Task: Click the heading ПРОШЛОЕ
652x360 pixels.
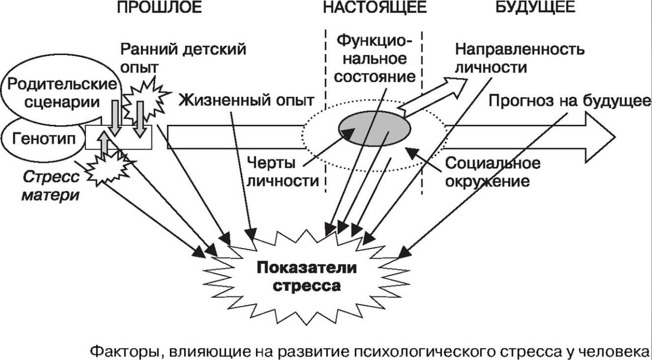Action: (159, 7)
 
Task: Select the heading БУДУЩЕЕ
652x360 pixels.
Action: (535, 7)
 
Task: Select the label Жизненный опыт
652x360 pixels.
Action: (246, 100)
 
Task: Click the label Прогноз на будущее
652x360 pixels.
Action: (569, 100)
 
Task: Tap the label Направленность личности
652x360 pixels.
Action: (520, 59)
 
